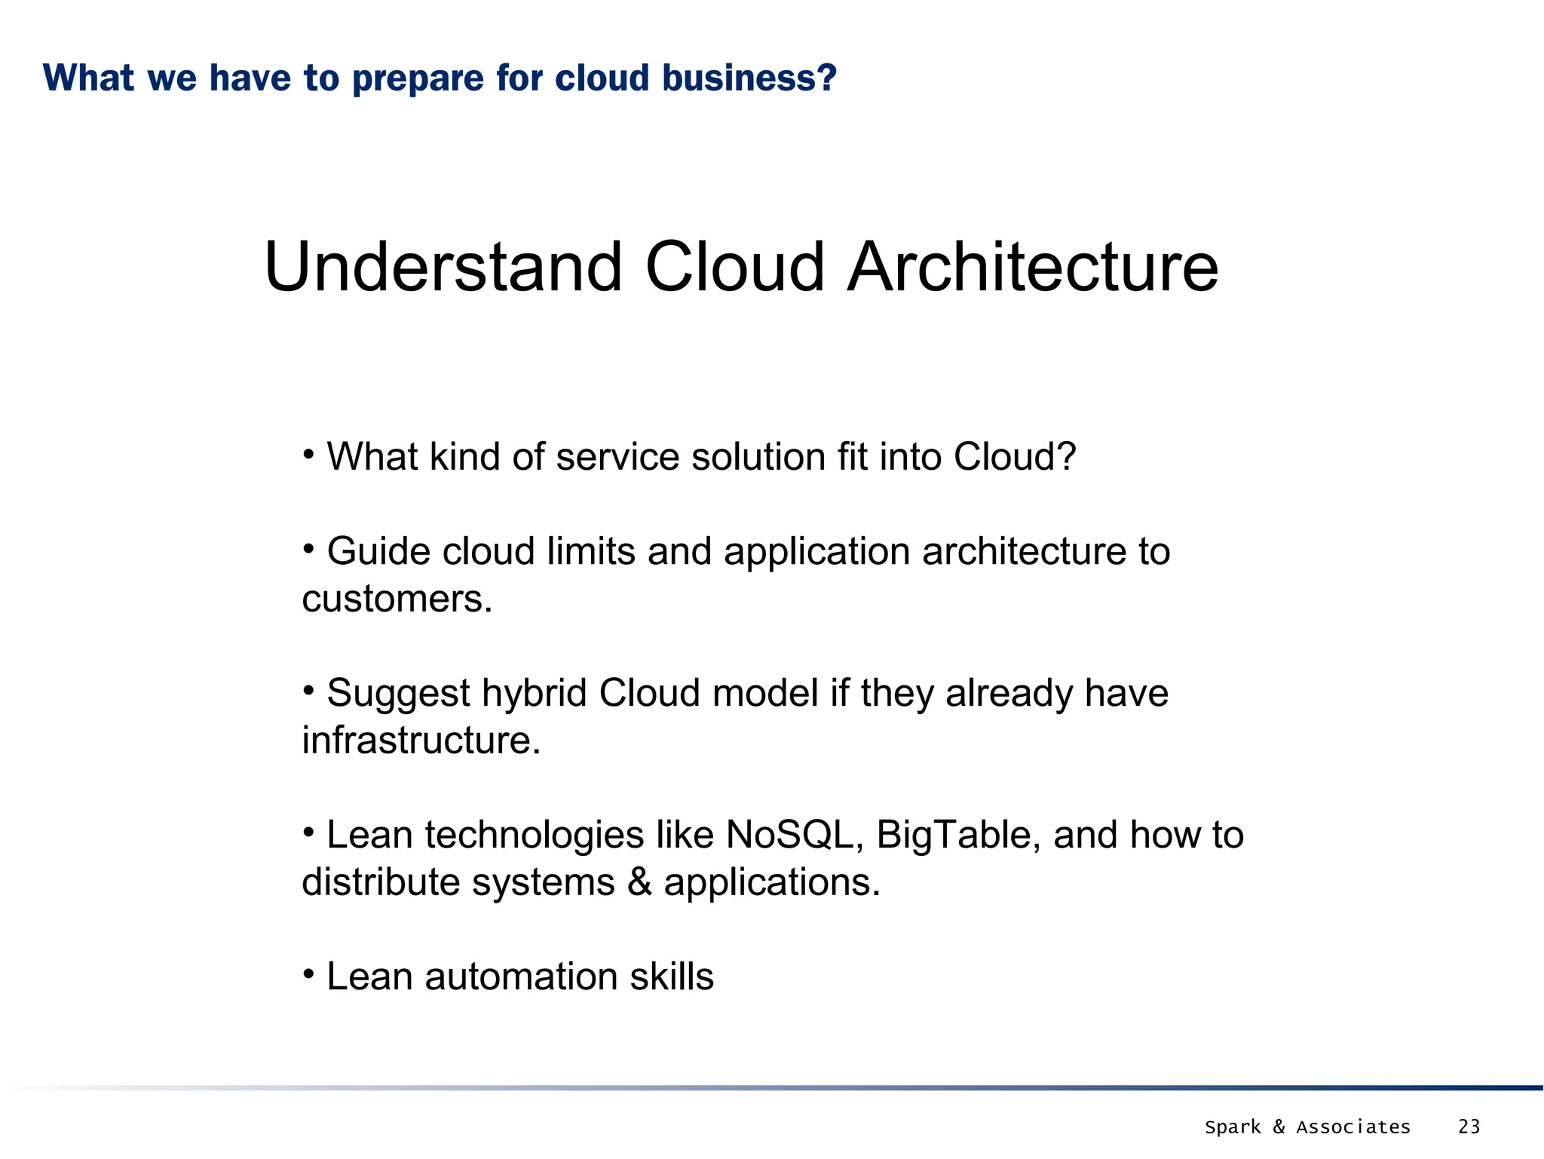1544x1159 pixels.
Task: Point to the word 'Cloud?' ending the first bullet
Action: pos(1015,457)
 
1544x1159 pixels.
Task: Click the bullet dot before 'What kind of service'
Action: pos(308,455)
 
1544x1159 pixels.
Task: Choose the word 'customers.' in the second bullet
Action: pos(397,599)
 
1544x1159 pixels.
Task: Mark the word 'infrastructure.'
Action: pos(421,740)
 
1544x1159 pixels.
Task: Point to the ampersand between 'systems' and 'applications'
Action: pos(639,882)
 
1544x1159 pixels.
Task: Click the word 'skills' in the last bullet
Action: pos(672,977)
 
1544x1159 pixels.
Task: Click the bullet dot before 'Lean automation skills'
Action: pos(308,974)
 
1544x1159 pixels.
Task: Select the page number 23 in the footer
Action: pos(1469,1127)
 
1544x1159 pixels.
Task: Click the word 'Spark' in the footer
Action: pos(1232,1127)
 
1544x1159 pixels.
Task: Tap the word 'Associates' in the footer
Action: pos(1353,1127)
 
